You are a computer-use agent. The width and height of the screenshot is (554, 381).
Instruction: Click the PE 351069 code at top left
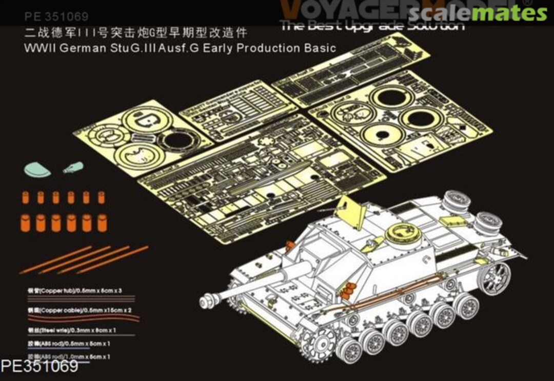click(56, 17)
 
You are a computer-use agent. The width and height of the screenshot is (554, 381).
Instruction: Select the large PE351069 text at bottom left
click(40, 367)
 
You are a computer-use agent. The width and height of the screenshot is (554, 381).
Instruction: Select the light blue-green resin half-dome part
click(37, 170)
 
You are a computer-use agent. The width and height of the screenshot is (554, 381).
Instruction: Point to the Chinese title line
click(136, 34)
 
